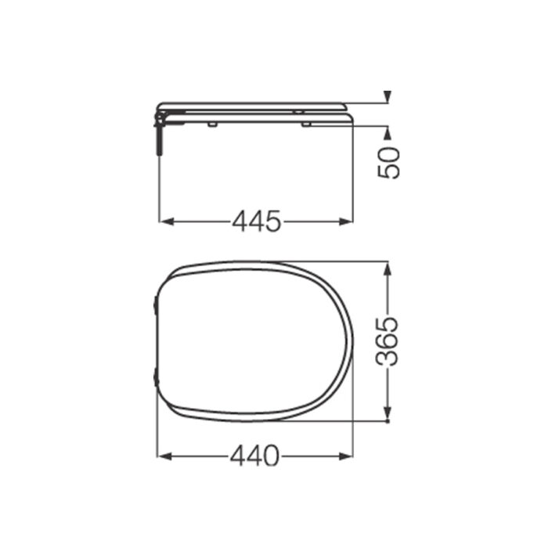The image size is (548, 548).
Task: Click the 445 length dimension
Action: click(256, 222)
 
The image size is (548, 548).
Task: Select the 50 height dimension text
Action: click(389, 161)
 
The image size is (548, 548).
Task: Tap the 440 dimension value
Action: click(256, 456)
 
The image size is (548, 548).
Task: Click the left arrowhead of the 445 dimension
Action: click(165, 222)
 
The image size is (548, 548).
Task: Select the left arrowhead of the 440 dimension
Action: click(164, 456)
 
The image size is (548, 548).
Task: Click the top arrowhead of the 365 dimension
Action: click(388, 268)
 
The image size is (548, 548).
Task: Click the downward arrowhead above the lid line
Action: click(388, 97)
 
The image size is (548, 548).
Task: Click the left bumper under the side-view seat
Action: click(213, 124)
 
